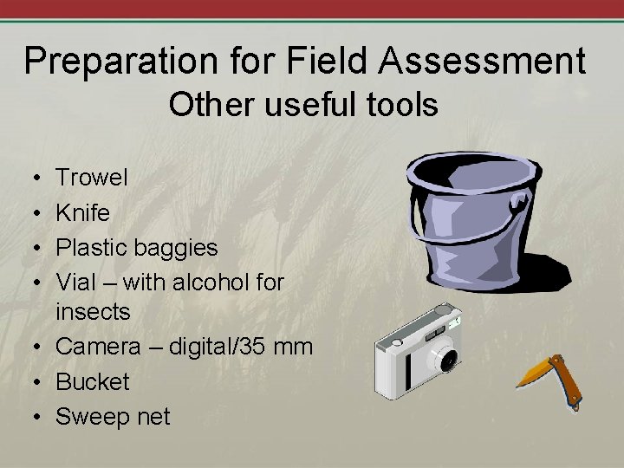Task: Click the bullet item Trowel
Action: (x=92, y=179)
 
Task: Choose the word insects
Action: (x=93, y=311)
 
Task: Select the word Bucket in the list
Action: (x=93, y=381)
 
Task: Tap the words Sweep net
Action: (x=113, y=416)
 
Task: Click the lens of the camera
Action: (x=445, y=356)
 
